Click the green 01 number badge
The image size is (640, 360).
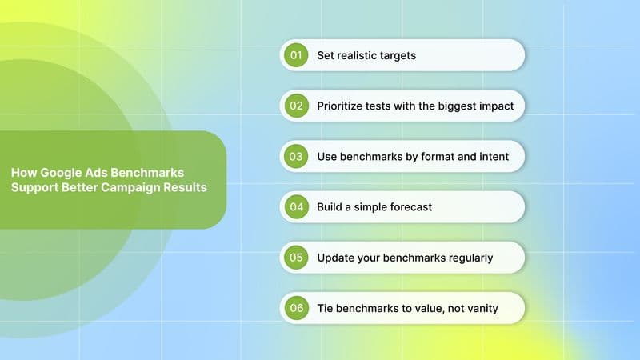296,55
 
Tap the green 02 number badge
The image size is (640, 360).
296,106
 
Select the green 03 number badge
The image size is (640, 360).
296,156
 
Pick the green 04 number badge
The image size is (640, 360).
296,206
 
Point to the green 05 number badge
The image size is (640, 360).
296,258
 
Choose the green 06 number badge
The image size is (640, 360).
296,308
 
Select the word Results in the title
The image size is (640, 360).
186,188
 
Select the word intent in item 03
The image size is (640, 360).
492,156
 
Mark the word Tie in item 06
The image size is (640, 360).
326,308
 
